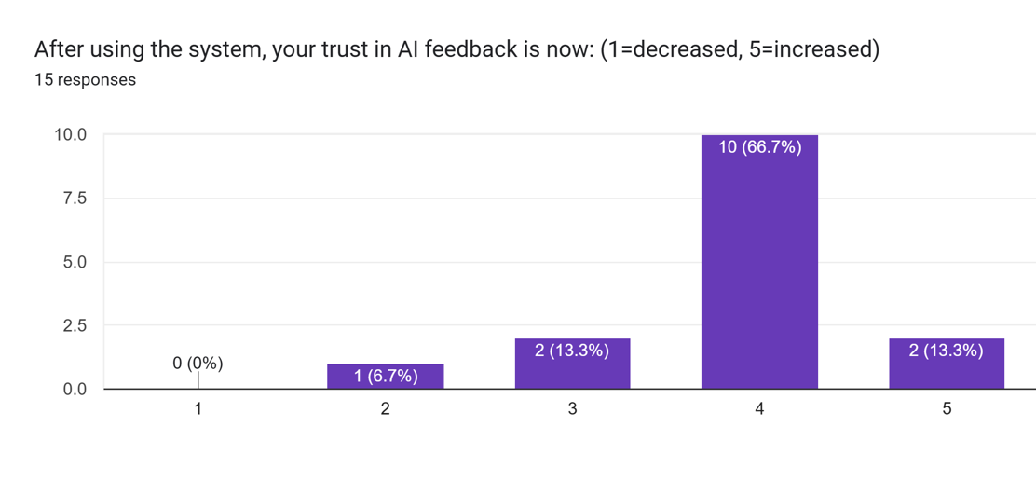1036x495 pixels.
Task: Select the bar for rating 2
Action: tap(385, 377)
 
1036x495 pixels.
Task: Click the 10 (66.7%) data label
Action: tap(759, 146)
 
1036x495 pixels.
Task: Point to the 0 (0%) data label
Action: tap(198, 364)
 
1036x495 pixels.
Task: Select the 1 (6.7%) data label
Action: tap(385, 376)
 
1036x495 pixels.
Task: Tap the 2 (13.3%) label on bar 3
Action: tap(572, 351)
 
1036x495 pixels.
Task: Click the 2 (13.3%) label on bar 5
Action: tap(947, 351)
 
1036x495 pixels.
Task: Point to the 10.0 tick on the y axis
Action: tap(71, 135)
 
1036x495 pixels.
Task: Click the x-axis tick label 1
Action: tap(198, 409)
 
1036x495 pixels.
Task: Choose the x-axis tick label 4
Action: tap(759, 409)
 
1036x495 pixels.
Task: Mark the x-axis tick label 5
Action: tap(947, 409)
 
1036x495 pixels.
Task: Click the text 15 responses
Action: tap(85, 80)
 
